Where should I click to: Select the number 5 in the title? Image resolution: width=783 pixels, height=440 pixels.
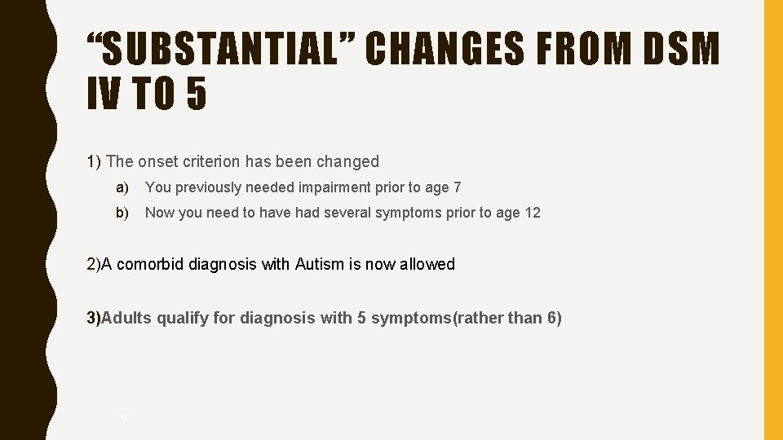pyautogui.click(x=196, y=94)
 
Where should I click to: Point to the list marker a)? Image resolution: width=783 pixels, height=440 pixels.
pyautogui.click(x=122, y=187)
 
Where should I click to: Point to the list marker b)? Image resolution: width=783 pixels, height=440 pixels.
pyautogui.click(x=122, y=213)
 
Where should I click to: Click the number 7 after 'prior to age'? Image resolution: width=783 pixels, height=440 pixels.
pyautogui.click(x=458, y=187)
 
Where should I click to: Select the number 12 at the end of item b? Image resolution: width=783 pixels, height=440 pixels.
pyautogui.click(x=533, y=213)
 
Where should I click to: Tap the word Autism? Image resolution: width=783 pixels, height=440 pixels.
pyautogui.click(x=320, y=264)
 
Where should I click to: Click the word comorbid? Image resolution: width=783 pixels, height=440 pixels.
pyautogui.click(x=153, y=264)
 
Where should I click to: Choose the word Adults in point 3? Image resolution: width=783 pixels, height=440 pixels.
pyautogui.click(x=127, y=318)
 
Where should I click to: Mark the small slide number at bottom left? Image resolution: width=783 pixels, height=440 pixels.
pyautogui.click(x=123, y=420)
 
